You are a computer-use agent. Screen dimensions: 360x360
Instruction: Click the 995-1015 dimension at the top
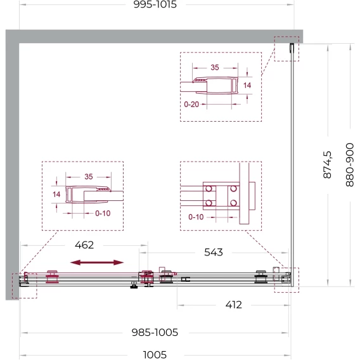coord(155,4)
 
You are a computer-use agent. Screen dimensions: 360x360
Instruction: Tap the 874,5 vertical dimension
coord(328,165)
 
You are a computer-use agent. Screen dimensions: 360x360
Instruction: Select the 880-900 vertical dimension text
coord(350,165)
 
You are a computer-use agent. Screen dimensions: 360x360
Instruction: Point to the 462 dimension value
coord(84,245)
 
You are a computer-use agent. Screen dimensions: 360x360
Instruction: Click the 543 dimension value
coord(214,252)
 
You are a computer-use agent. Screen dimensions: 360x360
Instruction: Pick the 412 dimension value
coord(233,305)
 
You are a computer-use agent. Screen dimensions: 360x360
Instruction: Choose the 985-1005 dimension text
coord(155,333)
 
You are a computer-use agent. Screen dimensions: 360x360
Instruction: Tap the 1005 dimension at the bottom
coord(155,355)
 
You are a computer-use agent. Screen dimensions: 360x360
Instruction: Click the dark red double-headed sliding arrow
coord(97,262)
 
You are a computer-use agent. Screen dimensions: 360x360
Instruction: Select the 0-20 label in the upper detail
coord(191,104)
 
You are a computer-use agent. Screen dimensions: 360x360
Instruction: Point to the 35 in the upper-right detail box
coord(215,67)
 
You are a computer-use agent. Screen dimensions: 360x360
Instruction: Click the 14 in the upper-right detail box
coord(247,86)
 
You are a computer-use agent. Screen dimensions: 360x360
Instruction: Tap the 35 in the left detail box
coord(89,177)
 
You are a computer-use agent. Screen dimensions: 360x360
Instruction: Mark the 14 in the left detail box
coord(56,195)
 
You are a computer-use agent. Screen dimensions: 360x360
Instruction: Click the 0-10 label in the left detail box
coord(103,214)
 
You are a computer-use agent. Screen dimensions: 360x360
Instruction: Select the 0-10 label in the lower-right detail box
coord(196,217)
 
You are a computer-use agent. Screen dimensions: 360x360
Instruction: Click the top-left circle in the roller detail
coord(209,189)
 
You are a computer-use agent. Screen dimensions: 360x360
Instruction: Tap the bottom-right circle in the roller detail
coord(233,203)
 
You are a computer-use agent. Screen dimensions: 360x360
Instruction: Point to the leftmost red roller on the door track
coord(53,277)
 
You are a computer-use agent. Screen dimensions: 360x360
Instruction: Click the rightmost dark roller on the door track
coord(261,277)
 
